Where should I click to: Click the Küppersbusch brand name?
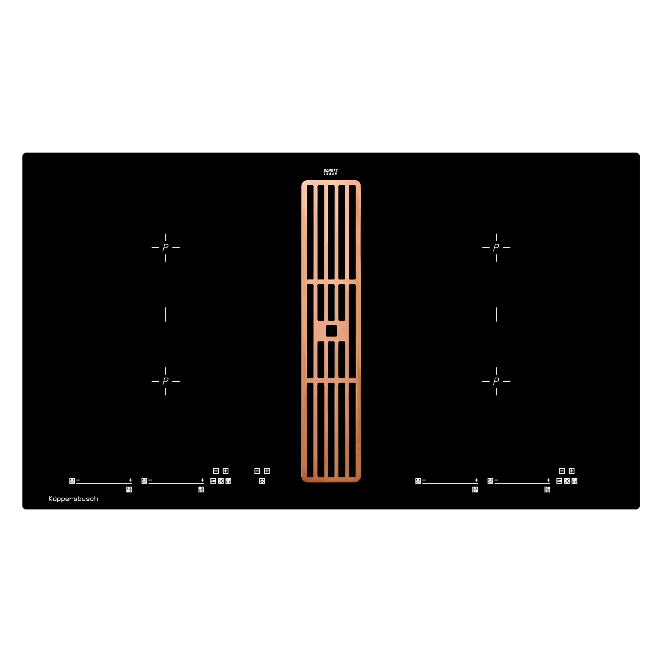pyautogui.click(x=73, y=499)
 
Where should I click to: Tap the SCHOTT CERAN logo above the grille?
pyautogui.click(x=331, y=172)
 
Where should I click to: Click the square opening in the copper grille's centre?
pyautogui.click(x=331, y=331)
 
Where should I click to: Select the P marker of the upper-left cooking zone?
pyautogui.click(x=165, y=248)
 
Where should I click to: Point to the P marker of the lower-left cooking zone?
pyautogui.click(x=165, y=381)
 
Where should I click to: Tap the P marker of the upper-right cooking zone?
pyautogui.click(x=496, y=248)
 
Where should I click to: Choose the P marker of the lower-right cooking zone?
pyautogui.click(x=496, y=381)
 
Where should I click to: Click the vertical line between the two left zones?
pyautogui.click(x=166, y=314)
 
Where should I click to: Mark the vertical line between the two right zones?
pyautogui.click(x=496, y=314)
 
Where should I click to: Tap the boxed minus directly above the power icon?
pyautogui.click(x=257, y=471)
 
